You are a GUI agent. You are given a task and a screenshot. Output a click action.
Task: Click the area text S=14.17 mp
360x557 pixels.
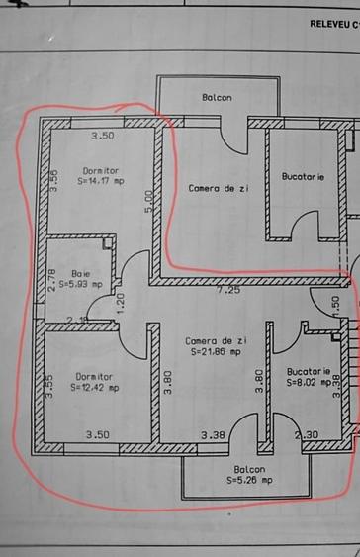[x=100, y=181]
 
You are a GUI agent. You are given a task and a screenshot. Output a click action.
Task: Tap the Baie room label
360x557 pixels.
[x=79, y=272]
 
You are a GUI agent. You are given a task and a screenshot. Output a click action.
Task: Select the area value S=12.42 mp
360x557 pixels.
[x=94, y=387]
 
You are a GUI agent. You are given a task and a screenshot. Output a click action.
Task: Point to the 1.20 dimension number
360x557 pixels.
[x=121, y=303]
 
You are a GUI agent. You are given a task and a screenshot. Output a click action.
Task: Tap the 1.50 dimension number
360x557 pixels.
[x=335, y=305]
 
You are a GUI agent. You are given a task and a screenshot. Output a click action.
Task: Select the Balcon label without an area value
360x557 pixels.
[x=217, y=97]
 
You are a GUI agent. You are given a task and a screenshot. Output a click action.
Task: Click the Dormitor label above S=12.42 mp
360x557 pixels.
[x=94, y=376]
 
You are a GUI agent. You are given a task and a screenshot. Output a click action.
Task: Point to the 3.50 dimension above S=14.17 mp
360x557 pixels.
[x=103, y=136]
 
